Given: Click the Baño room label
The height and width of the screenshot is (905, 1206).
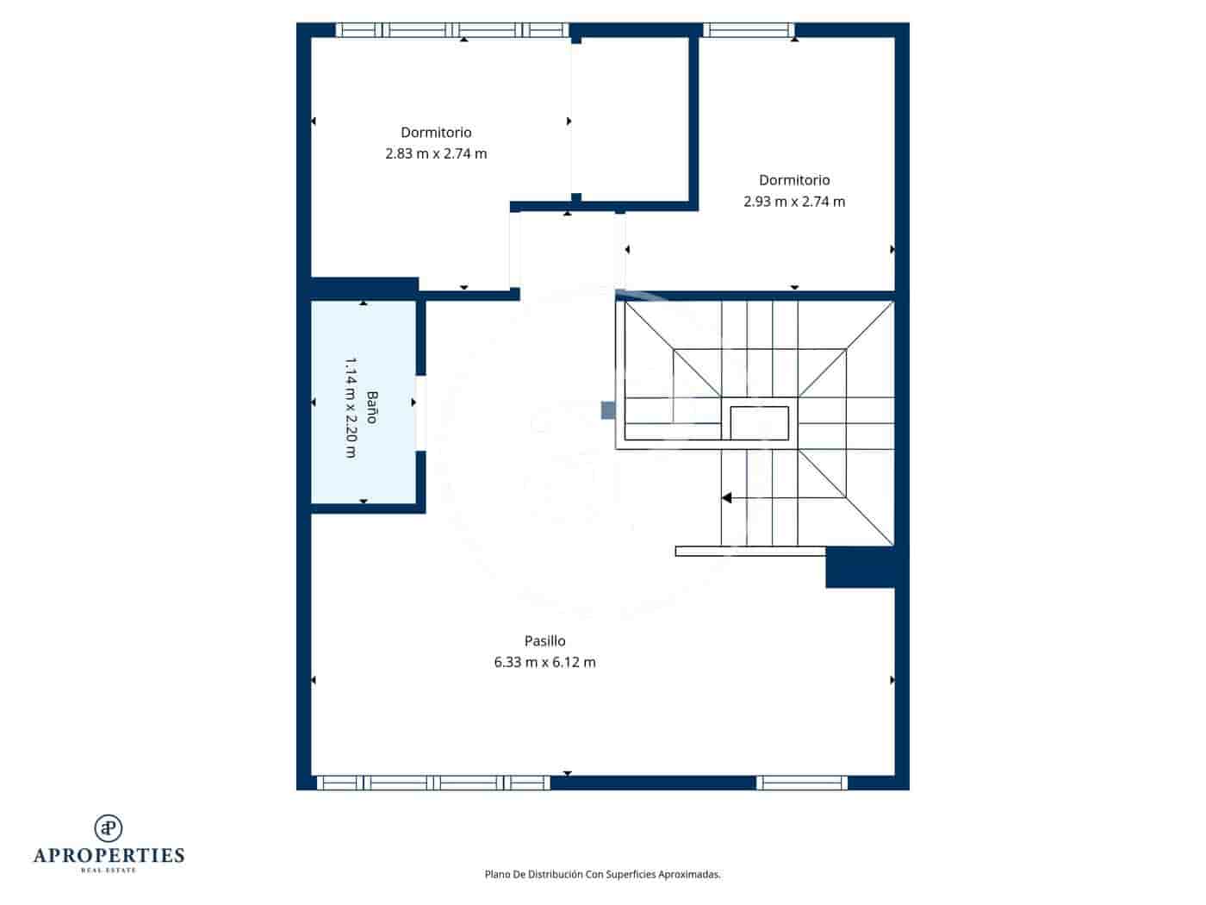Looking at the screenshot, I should click(x=372, y=407).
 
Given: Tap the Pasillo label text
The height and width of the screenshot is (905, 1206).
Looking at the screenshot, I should click(x=544, y=640).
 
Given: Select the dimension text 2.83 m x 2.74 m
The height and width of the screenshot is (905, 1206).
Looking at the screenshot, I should click(x=436, y=153).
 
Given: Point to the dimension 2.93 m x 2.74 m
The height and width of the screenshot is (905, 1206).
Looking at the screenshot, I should click(x=794, y=202).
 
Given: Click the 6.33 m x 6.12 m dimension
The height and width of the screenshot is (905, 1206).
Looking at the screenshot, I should click(x=544, y=662).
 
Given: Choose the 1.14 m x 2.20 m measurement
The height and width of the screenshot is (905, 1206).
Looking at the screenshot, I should click(x=351, y=407).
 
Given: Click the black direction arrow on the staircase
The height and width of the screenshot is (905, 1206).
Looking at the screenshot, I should click(x=726, y=498).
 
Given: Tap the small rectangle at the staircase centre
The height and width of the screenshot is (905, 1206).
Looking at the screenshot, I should click(x=759, y=422).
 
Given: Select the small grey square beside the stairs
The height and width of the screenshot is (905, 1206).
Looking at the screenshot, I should click(x=608, y=410).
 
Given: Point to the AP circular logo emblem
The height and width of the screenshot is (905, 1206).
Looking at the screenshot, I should click(x=109, y=828).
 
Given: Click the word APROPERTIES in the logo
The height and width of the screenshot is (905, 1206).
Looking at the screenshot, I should click(x=109, y=855).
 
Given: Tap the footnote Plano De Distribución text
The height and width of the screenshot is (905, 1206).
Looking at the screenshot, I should click(x=602, y=874).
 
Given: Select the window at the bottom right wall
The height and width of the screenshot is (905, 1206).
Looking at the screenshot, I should click(x=801, y=783).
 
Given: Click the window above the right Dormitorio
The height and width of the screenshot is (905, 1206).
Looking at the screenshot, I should click(x=748, y=30).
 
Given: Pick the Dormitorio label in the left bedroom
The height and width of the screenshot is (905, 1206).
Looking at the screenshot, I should click(x=436, y=132).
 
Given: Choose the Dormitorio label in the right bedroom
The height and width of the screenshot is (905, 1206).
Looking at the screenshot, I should click(x=794, y=180).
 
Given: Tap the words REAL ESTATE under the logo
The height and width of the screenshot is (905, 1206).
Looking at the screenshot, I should click(x=109, y=871).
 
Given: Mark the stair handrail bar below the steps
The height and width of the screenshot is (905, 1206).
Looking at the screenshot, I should click(x=749, y=551).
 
